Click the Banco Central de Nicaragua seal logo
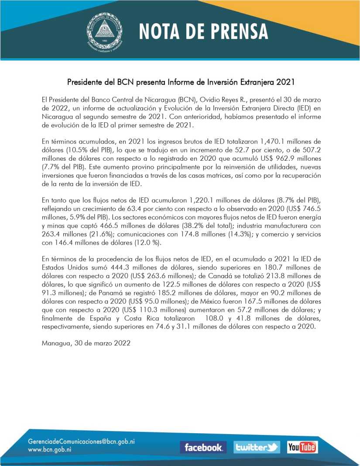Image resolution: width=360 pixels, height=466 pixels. coord(104,31)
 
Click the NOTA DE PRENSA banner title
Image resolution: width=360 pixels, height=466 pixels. coord(204,31)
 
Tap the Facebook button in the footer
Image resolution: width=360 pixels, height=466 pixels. coord(203,447)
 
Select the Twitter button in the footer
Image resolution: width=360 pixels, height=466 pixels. coord(256,447)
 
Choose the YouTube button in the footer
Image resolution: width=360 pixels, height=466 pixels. coord(302,447)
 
